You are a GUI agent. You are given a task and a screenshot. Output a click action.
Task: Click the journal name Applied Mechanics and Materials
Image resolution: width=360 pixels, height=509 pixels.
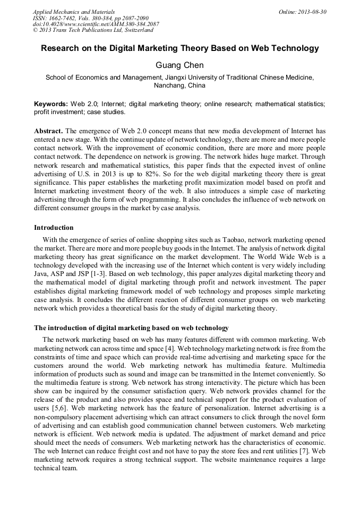click(x=74, y=12)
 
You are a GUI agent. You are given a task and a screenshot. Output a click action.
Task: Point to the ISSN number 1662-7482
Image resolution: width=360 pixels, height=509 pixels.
click(x=63, y=18)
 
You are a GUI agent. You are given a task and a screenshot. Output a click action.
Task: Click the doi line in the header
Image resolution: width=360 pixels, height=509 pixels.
click(x=96, y=24)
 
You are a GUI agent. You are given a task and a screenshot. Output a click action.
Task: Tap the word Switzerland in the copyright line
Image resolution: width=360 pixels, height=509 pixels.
click(x=135, y=31)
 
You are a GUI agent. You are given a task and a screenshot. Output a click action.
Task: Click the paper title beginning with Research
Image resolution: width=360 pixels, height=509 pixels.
click(x=180, y=48)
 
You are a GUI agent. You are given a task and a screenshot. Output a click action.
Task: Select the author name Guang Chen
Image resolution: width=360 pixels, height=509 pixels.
click(x=179, y=66)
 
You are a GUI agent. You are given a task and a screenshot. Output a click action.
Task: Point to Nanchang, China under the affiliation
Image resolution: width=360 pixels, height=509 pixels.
click(x=179, y=85)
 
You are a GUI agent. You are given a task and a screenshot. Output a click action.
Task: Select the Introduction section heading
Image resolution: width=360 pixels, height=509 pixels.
click(x=54, y=228)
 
